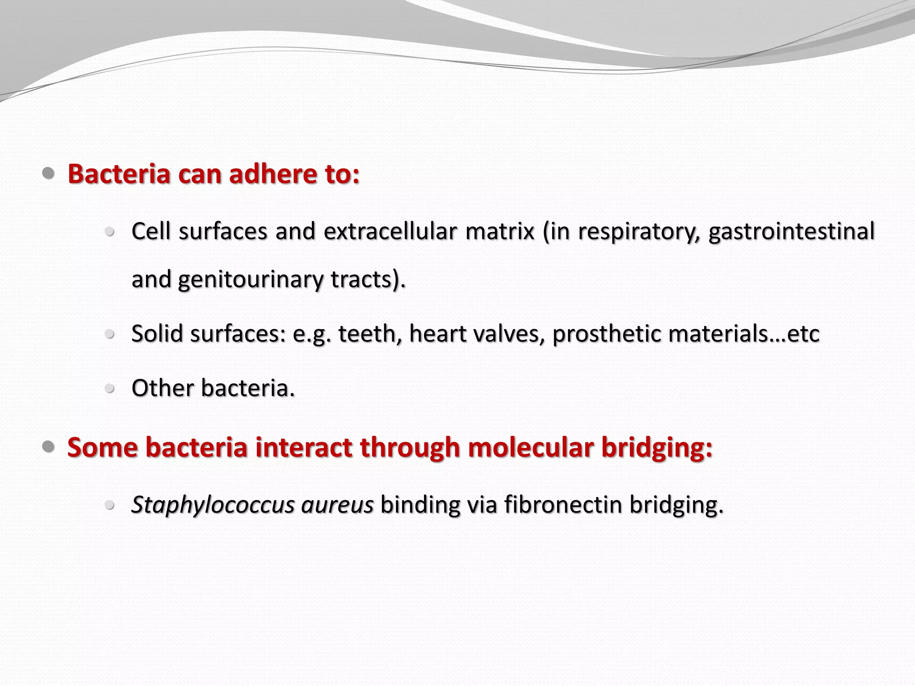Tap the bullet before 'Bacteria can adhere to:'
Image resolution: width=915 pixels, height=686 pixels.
pos(48,173)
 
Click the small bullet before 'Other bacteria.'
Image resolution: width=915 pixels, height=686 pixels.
pos(109,388)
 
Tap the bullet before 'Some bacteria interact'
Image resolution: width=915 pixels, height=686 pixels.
pos(48,446)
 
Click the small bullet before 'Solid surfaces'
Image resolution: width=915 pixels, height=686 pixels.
pos(109,334)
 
